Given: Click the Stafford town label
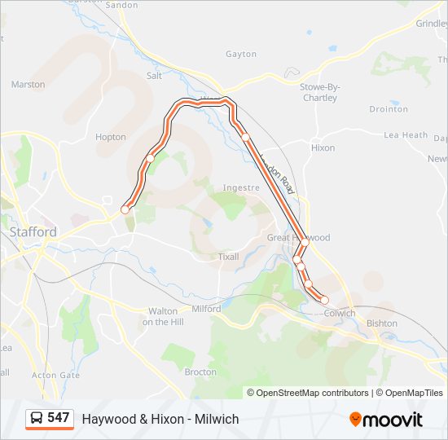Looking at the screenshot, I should click(x=33, y=231).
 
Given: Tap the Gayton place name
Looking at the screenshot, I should click(x=241, y=55).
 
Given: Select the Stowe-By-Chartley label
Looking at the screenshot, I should click(x=318, y=92).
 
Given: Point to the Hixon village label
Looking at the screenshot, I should click(x=323, y=148).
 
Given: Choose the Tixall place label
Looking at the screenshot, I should click(x=229, y=257).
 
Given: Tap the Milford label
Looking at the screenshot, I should click(x=206, y=309).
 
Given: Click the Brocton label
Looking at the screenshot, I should click(x=200, y=372).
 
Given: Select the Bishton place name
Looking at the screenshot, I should click(x=382, y=323).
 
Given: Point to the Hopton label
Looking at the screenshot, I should click(x=111, y=137).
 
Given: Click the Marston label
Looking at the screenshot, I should click(x=28, y=84).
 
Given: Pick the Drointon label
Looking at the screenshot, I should click(x=389, y=109).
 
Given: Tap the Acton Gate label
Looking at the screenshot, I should click(x=55, y=376).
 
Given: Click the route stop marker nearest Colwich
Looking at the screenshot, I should click(x=324, y=301).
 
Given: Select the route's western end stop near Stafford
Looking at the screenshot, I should click(x=125, y=209).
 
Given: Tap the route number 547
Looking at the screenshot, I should click(x=59, y=418).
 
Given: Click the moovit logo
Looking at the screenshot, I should click(x=386, y=420).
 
